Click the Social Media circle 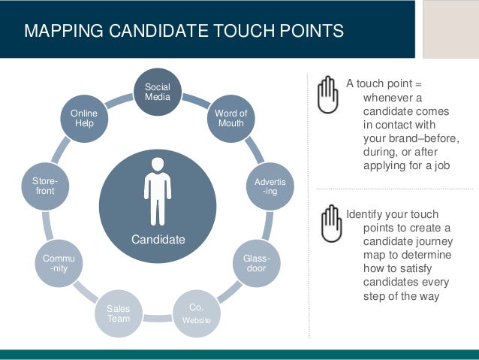158,93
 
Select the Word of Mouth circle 230,118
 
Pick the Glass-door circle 256,264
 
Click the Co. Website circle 197,314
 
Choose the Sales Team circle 118,313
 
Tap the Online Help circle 84,118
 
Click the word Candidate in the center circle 158,240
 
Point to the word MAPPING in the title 58,31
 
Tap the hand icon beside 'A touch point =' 328,95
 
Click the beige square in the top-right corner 450,29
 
